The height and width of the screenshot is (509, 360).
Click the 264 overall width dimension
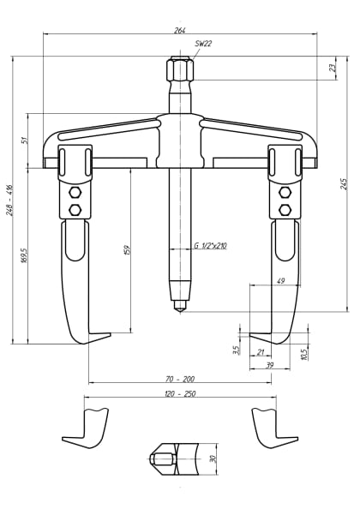point(179,30)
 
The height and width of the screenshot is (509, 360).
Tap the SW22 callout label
point(203,44)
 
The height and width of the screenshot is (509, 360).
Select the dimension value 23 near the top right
point(333,68)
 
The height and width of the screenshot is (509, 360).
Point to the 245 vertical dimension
point(344,183)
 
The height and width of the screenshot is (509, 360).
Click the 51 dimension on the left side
point(25,141)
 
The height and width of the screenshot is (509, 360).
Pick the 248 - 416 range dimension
point(9,200)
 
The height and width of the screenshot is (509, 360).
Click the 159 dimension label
point(127,250)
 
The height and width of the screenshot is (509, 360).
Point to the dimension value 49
point(280,281)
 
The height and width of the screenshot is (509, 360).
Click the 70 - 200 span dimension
point(180,378)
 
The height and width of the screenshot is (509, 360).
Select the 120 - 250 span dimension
point(180,393)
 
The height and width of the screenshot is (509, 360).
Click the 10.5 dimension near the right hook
point(303,352)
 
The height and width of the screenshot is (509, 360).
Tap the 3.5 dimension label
point(236,350)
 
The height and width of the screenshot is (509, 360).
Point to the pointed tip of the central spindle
point(179,308)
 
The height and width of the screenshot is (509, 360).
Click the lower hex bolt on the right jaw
point(285,209)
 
